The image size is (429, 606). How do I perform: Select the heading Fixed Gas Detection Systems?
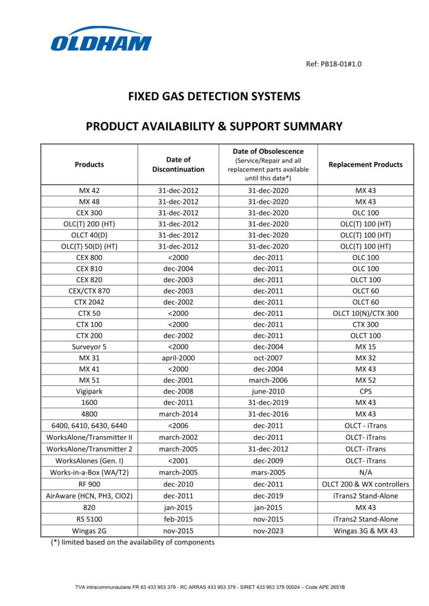(x=214, y=96)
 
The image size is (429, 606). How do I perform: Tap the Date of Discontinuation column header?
(x=178, y=165)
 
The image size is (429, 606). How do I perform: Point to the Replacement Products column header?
(x=365, y=165)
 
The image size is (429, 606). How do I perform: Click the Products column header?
(x=89, y=165)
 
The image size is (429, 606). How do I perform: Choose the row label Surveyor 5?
(x=89, y=347)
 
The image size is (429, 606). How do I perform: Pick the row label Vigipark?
(x=89, y=392)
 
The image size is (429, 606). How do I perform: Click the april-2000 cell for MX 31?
(x=178, y=358)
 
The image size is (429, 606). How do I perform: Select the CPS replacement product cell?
(x=365, y=392)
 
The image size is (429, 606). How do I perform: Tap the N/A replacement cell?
(x=365, y=473)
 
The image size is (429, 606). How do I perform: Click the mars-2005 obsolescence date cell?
(x=268, y=473)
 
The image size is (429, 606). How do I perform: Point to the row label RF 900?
(x=89, y=484)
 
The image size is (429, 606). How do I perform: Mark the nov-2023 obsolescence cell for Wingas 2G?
(x=268, y=531)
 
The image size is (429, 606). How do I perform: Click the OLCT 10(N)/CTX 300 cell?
(x=365, y=314)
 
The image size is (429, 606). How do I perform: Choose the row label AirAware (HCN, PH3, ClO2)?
(x=89, y=495)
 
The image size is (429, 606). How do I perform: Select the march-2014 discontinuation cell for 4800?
(x=178, y=414)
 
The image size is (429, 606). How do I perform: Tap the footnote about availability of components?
(x=133, y=542)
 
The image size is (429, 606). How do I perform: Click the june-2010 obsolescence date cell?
(x=268, y=392)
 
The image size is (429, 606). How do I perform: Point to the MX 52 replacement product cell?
(x=365, y=381)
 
